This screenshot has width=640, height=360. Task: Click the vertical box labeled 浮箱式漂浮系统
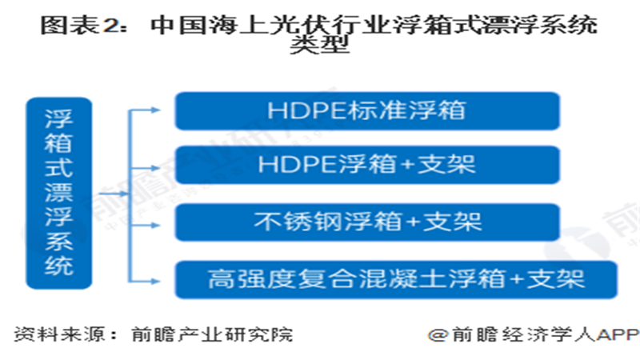[x=58, y=193]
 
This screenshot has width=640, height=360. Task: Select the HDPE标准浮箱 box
[x=367, y=111]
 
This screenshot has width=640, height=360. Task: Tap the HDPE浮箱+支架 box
[x=367, y=165]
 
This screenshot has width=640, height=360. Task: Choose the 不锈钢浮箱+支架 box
[x=367, y=222]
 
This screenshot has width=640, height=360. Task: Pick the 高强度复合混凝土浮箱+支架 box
[x=396, y=279]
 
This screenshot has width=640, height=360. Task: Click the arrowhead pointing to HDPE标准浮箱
[x=155, y=110]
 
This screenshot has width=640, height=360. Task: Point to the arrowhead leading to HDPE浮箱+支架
[x=155, y=168]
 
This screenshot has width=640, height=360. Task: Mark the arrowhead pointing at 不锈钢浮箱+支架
[x=155, y=225]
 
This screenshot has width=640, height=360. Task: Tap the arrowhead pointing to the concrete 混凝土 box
[x=155, y=281]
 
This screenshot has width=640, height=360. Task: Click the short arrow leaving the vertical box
[x=114, y=194]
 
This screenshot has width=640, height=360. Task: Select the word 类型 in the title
[x=319, y=44]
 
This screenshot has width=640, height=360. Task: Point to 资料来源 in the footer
[x=60, y=334]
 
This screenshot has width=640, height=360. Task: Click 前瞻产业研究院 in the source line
[x=212, y=334]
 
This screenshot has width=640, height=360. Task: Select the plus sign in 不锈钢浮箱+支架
[x=413, y=222]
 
